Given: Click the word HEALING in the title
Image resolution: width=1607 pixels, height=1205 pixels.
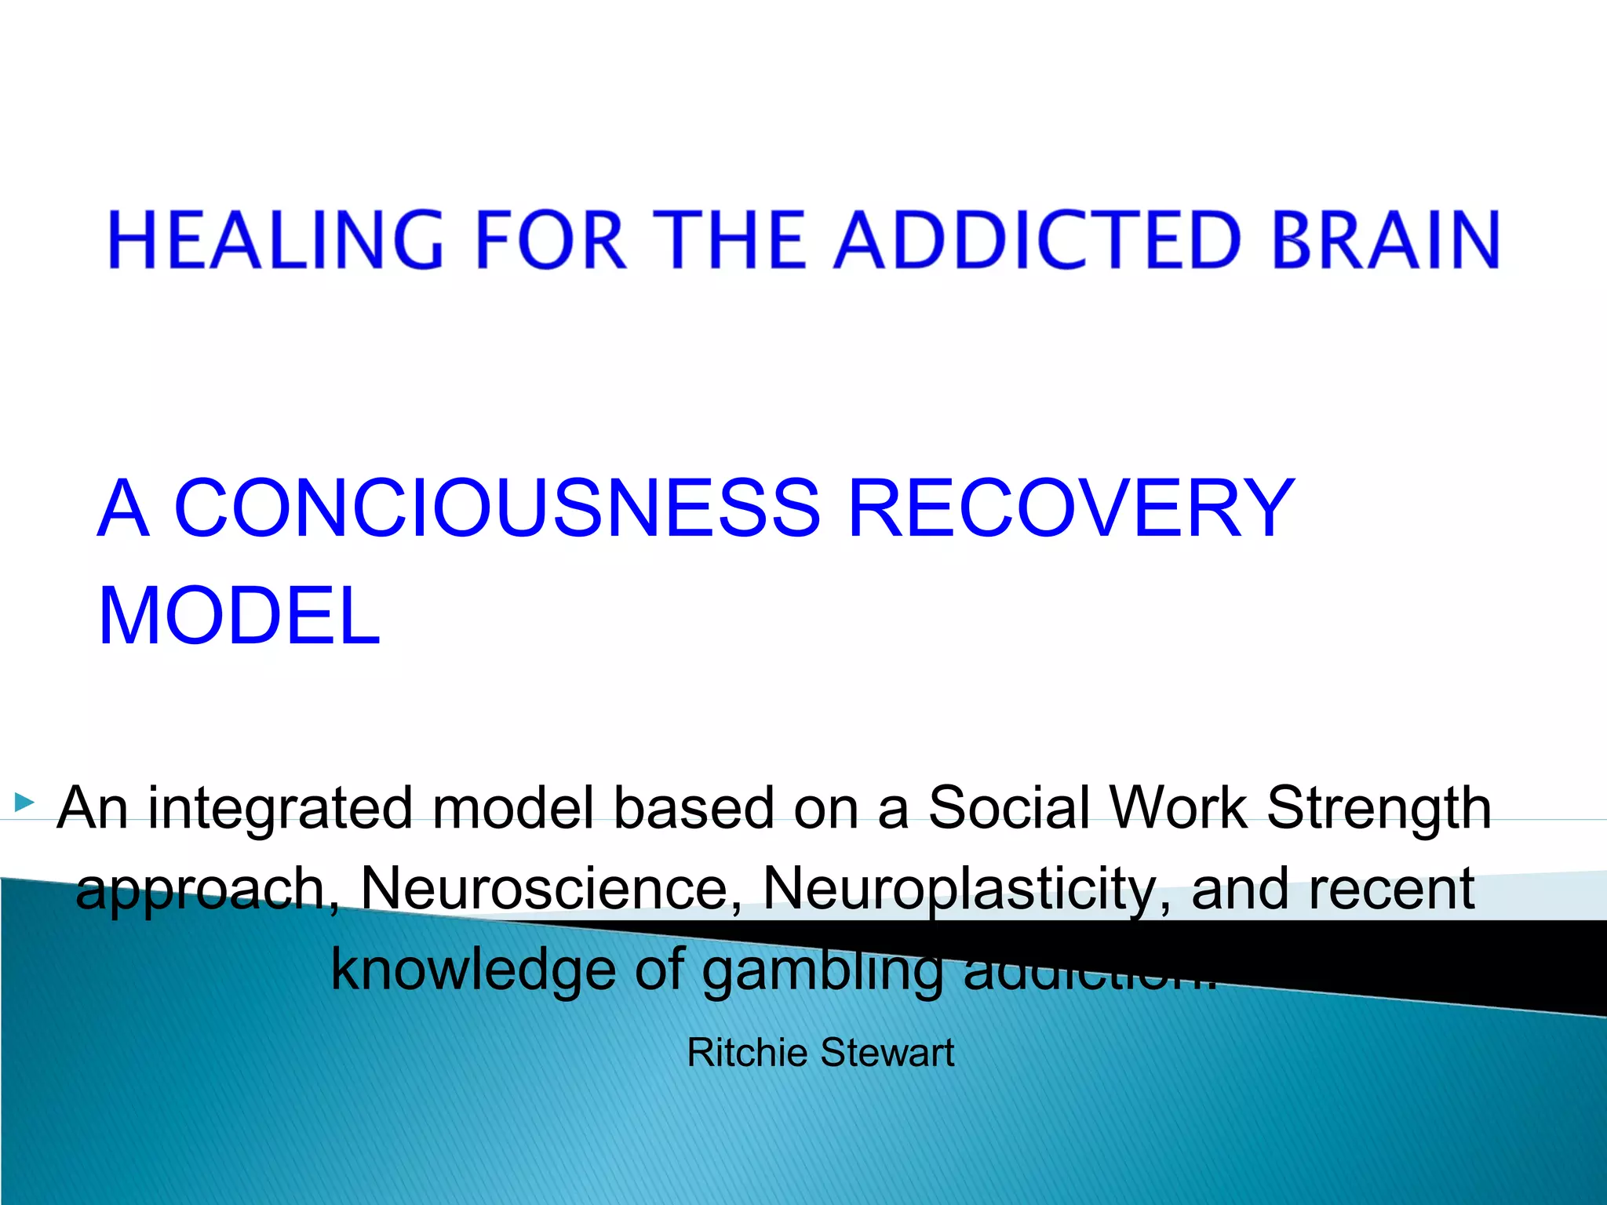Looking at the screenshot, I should coord(275,239).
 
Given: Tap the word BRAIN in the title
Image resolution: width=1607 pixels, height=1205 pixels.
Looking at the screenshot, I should coord(1385,239).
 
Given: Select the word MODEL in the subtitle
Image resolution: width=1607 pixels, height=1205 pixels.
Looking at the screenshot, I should coord(239,617).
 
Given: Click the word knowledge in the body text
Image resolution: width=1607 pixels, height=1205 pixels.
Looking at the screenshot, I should coord(473,970).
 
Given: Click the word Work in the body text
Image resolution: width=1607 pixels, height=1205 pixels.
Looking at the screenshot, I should coord(1176,808).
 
